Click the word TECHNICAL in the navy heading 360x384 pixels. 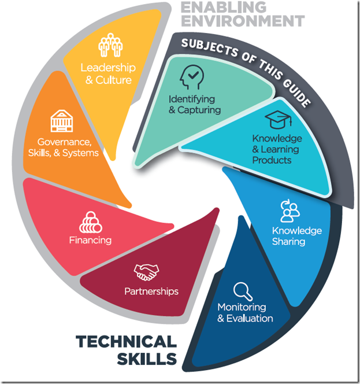pos(125,341)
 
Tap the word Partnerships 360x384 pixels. pos(151,291)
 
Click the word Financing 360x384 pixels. pos(90,239)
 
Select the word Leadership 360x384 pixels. pos(108,68)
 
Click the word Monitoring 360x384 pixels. pos(242,307)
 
